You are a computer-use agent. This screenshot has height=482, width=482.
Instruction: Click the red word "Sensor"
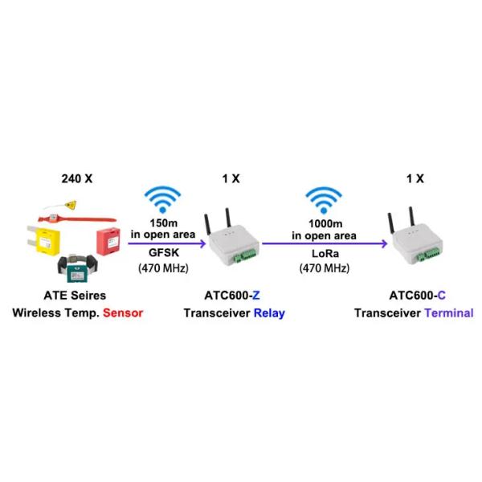coord(122,312)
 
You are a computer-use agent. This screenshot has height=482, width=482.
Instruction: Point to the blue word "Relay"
coord(268,312)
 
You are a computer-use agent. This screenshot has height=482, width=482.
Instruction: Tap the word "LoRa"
coord(324,251)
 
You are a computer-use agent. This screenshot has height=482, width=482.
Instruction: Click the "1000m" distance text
coord(324,223)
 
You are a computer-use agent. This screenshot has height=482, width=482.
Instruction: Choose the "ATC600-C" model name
coord(413,296)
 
